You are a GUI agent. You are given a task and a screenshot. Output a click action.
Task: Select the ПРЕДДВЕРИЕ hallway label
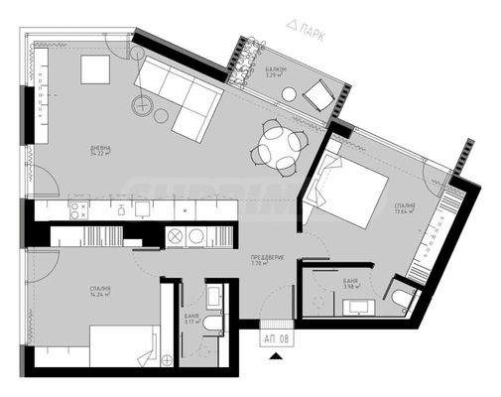click(268, 258)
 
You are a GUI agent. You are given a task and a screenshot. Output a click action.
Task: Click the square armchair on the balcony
click(320, 94)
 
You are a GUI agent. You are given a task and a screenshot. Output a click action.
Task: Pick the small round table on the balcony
click(288, 95)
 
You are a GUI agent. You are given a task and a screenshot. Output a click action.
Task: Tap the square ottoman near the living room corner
click(96, 67)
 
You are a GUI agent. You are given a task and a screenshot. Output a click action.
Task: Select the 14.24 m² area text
click(98, 296)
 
